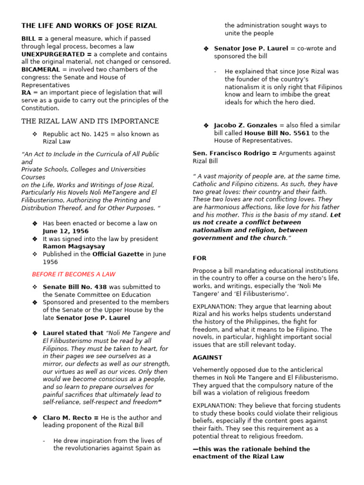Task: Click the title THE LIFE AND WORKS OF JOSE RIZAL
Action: (x=89, y=26)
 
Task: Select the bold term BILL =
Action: (x=32, y=39)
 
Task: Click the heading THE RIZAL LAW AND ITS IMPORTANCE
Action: (x=90, y=121)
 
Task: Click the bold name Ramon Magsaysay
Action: (x=74, y=246)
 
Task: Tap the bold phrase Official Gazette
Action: (x=118, y=254)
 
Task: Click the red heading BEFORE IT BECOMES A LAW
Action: (x=73, y=274)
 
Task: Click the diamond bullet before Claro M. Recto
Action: (x=35, y=418)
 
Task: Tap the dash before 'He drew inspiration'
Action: (x=44, y=440)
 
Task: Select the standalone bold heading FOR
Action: (x=200, y=258)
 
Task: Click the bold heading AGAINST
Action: (x=207, y=357)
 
